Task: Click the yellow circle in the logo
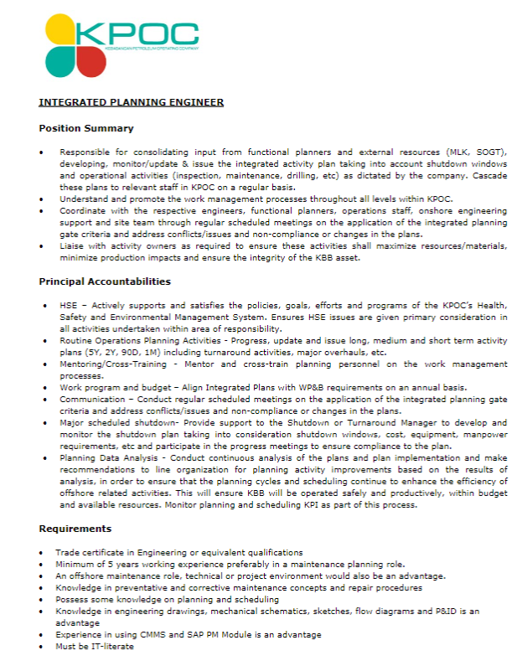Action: pyautogui.click(x=60, y=29)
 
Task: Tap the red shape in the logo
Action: pyautogui.click(x=89, y=59)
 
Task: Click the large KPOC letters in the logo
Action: pyautogui.click(x=137, y=34)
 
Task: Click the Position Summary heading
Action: pyautogui.click(x=86, y=128)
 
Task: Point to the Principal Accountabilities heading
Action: pyautogui.click(x=105, y=281)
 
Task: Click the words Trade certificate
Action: pyautogui.click(x=89, y=553)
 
